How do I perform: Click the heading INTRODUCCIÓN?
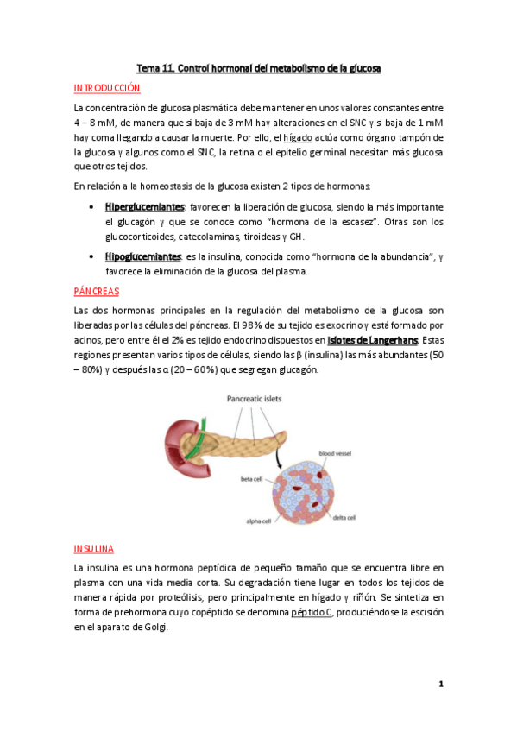[107, 88]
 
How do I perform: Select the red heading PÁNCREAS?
[97, 292]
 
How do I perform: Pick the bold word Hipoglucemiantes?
[143, 256]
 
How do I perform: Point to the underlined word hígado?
[297, 137]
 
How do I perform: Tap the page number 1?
[440, 685]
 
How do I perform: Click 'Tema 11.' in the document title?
[157, 67]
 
